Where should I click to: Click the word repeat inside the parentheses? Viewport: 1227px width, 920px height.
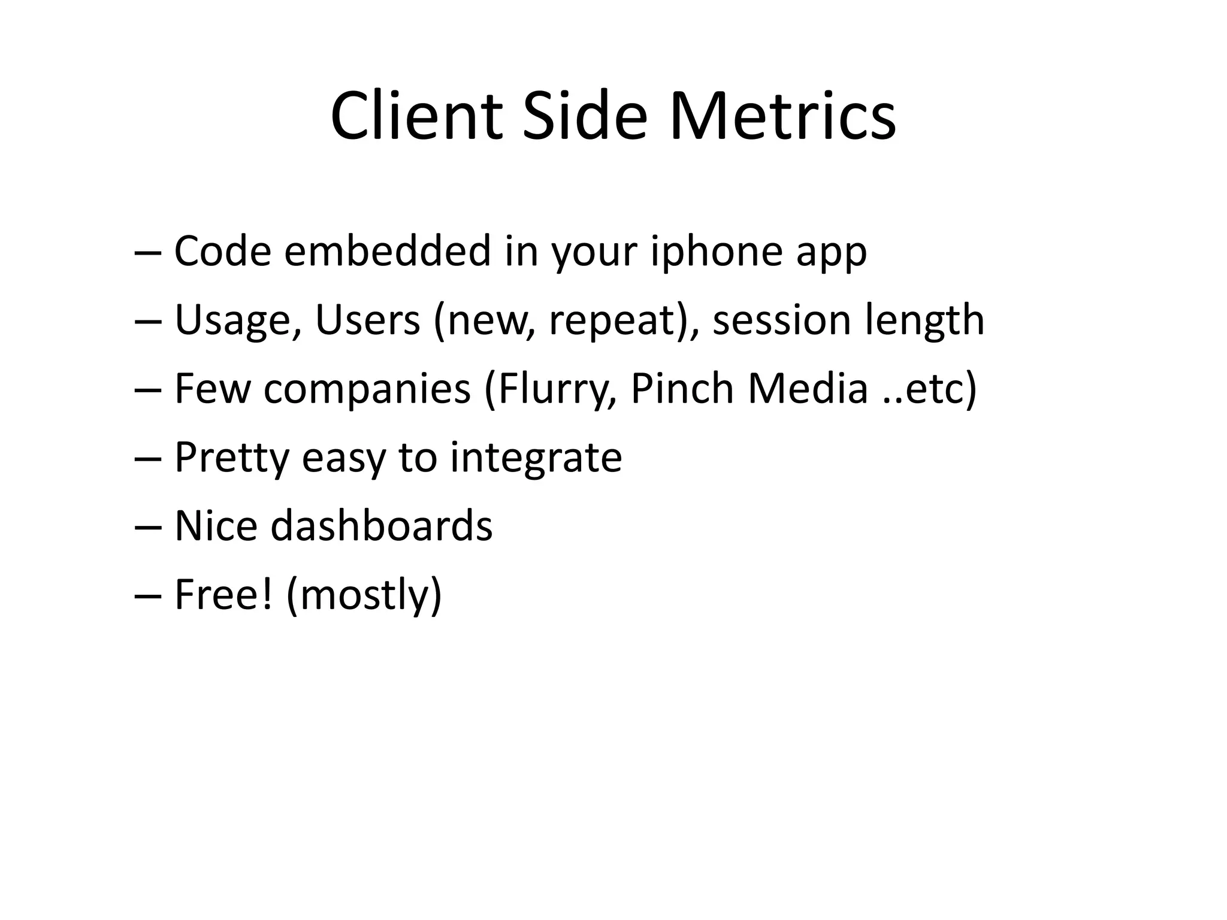point(611,321)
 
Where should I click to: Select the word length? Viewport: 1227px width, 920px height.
point(925,320)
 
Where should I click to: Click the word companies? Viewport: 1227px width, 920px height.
point(367,389)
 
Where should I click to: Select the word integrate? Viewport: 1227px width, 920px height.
point(536,458)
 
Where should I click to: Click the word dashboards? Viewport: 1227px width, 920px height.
point(382,525)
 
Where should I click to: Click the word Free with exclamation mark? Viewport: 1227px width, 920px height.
point(223,594)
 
